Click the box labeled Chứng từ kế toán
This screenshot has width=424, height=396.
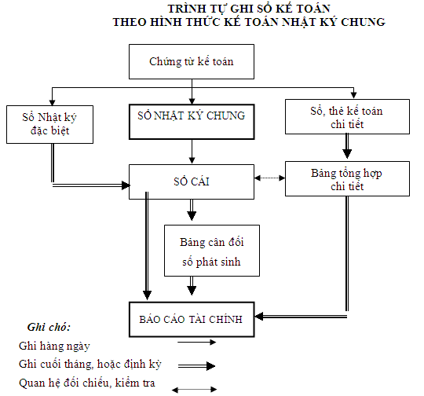pyautogui.click(x=192, y=62)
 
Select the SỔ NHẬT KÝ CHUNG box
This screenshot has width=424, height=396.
pyautogui.click(x=192, y=122)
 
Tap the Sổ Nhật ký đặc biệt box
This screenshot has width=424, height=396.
pyautogui.click(x=49, y=124)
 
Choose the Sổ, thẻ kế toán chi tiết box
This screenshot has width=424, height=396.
pyautogui.click(x=347, y=116)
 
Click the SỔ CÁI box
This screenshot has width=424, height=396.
pyautogui.click(x=192, y=182)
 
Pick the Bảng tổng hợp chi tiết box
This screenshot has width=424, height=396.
pyautogui.click(x=347, y=178)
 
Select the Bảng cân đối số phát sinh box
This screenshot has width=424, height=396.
pyautogui.click(x=212, y=251)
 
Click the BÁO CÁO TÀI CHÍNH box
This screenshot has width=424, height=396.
pyautogui.click(x=192, y=320)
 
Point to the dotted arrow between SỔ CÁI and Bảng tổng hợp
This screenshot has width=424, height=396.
pyautogui.click(x=269, y=178)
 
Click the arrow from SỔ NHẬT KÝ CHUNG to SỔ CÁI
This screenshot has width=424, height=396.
pyautogui.click(x=192, y=152)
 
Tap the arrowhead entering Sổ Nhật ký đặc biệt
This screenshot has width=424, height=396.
pyautogui.click(x=52, y=103)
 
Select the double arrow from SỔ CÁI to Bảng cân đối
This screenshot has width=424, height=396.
pyautogui.click(x=192, y=210)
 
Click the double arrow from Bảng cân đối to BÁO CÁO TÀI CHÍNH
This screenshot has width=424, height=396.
pyautogui.click(x=192, y=286)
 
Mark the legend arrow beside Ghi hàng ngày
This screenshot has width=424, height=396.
pyautogui.click(x=196, y=343)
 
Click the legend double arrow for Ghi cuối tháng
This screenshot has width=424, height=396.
pyautogui.click(x=196, y=366)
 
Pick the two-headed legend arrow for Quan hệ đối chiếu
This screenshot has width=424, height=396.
pyautogui.click(x=195, y=390)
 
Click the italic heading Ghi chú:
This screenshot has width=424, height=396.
pyautogui.click(x=49, y=327)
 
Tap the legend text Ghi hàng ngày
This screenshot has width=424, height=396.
pyautogui.click(x=54, y=346)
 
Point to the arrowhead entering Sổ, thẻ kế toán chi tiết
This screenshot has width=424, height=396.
pyautogui.click(x=353, y=95)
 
